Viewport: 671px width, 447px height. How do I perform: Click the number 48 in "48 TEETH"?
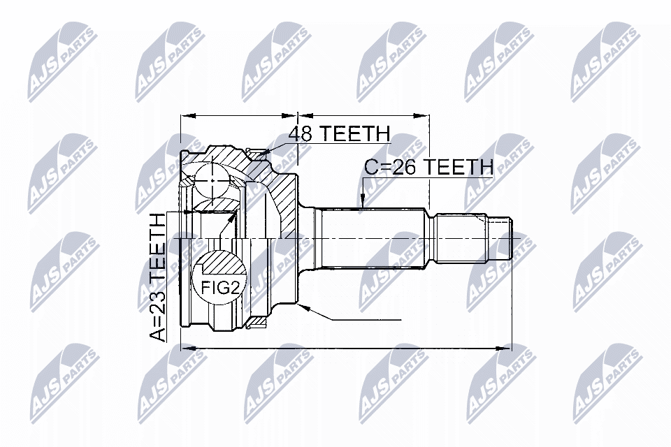pyautogui.click(x=301, y=134)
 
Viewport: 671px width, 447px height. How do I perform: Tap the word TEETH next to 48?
pyautogui.click(x=352, y=134)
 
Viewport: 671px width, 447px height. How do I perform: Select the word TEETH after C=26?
pyautogui.click(x=460, y=167)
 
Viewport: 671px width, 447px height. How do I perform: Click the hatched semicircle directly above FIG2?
pyautogui.click(x=218, y=261)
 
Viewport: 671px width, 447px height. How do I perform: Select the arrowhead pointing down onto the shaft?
pyautogui.click(x=363, y=203)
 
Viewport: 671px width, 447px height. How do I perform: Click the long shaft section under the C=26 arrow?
pyautogui.click(x=370, y=237)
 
